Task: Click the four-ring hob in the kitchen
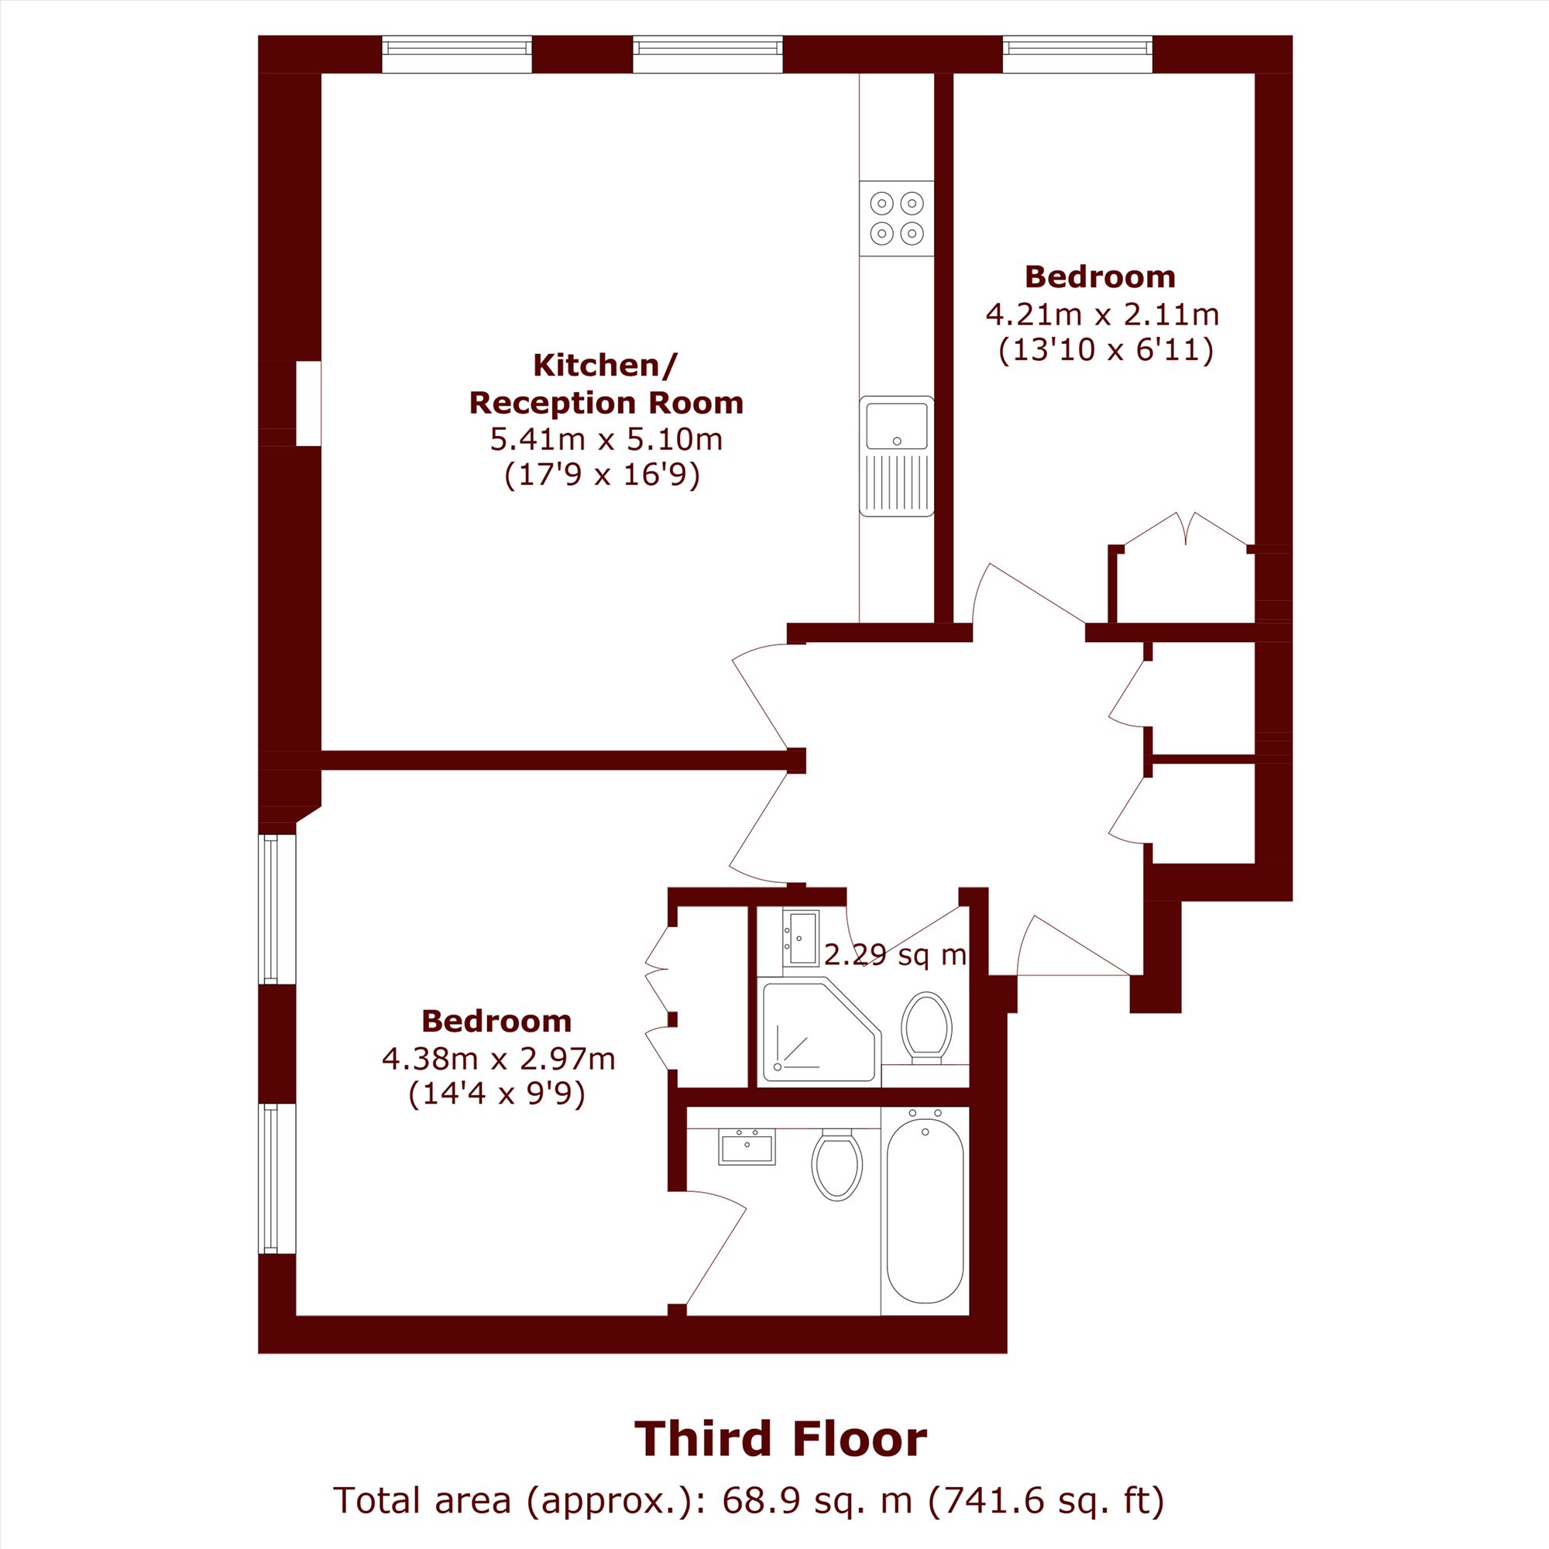896,218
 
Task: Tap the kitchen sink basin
896,426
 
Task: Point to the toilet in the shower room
926,1028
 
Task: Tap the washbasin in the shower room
801,938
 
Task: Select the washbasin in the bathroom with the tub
747,1147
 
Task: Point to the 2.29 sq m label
895,955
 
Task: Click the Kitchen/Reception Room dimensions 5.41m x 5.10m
606,439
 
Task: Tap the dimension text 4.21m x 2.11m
1102,314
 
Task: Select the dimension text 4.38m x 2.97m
498,1059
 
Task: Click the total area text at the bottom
749,1500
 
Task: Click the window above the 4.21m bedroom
1077,54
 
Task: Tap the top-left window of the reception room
457,54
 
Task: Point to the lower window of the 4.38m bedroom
277,1178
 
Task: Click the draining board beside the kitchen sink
896,483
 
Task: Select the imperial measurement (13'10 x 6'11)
1106,351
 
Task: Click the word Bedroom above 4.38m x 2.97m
496,1022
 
